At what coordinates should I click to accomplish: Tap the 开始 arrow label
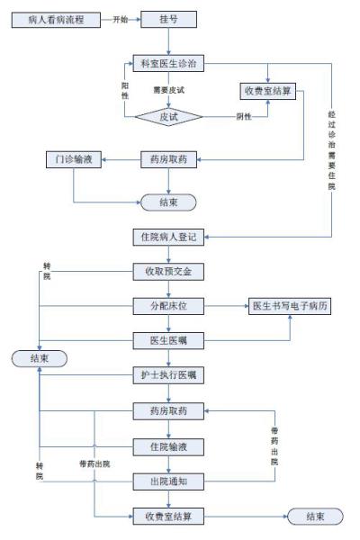click(x=121, y=18)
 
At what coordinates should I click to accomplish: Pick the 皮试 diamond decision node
click(x=167, y=116)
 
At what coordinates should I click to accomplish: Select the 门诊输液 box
click(x=73, y=161)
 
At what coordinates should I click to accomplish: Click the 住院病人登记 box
click(x=167, y=238)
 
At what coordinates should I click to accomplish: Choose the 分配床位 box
click(x=167, y=306)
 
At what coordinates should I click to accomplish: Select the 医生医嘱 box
click(x=167, y=339)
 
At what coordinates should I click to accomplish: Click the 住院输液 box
click(x=167, y=446)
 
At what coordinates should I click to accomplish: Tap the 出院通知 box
click(x=167, y=481)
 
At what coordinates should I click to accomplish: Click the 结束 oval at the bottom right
click(x=314, y=517)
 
